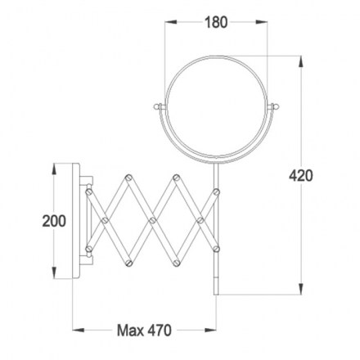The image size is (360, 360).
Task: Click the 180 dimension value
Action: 216,22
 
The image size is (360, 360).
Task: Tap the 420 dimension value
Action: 301,176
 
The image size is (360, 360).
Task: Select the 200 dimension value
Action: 54,221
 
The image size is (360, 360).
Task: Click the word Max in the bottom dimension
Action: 130,331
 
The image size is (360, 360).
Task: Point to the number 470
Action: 160,331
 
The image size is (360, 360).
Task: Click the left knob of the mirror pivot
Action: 158,106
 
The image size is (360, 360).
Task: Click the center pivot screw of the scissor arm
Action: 153,220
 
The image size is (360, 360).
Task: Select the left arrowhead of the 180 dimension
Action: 171,22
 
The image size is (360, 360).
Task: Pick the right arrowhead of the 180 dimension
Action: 261,22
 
